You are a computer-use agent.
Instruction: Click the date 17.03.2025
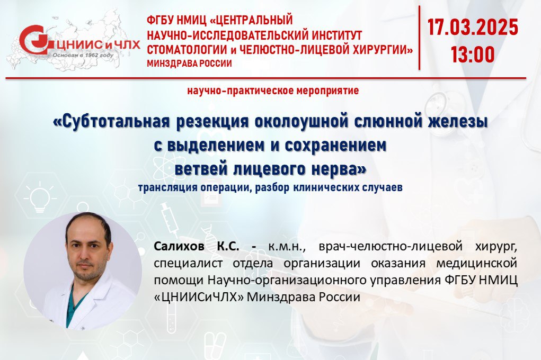[473, 27]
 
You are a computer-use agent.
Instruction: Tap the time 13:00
[473, 54]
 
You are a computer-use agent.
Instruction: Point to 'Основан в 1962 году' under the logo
[83, 55]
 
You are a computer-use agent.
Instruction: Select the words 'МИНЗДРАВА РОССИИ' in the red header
[189, 64]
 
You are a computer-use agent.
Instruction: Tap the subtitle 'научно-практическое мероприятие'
[273, 91]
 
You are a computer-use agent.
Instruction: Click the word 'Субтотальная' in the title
[112, 121]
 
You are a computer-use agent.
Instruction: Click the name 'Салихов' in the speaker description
[179, 246]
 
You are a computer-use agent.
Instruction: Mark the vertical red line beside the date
[420, 38]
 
